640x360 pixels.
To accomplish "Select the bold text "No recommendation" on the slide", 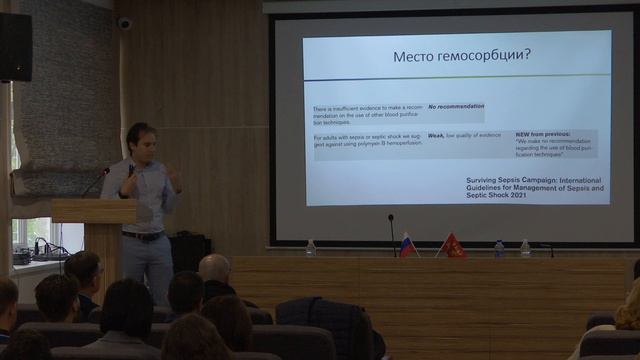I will click(455, 105).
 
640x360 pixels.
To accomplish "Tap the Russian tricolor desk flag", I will click(407, 245).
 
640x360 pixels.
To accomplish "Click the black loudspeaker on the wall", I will click(15, 47).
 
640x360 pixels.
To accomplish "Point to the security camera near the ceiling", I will click(125, 22).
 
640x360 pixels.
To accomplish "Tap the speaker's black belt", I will click(143, 236).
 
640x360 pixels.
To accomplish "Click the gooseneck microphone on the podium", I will click(97, 180).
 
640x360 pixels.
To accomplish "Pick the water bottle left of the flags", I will click(311, 247).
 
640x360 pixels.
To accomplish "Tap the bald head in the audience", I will click(214, 267).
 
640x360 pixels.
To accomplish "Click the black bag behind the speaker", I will click(189, 253).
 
